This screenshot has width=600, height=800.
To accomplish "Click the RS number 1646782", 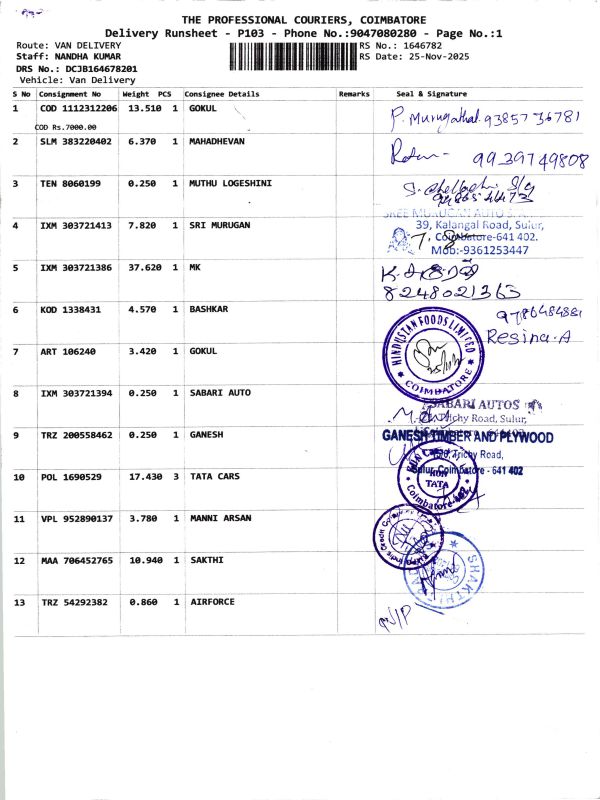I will [420, 46].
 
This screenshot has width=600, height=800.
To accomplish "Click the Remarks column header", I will [354, 94].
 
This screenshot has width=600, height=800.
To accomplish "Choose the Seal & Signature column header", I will [431, 94].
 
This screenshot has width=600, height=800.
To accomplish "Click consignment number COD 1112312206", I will [78, 108].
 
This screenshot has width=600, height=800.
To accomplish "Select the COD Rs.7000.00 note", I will [66, 127].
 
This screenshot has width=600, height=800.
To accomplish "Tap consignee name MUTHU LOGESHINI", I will [231, 183].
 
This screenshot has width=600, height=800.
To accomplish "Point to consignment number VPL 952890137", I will [77, 519].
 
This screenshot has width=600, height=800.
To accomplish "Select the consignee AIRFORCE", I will [213, 603].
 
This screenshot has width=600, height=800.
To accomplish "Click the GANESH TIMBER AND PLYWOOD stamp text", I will [467, 437].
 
